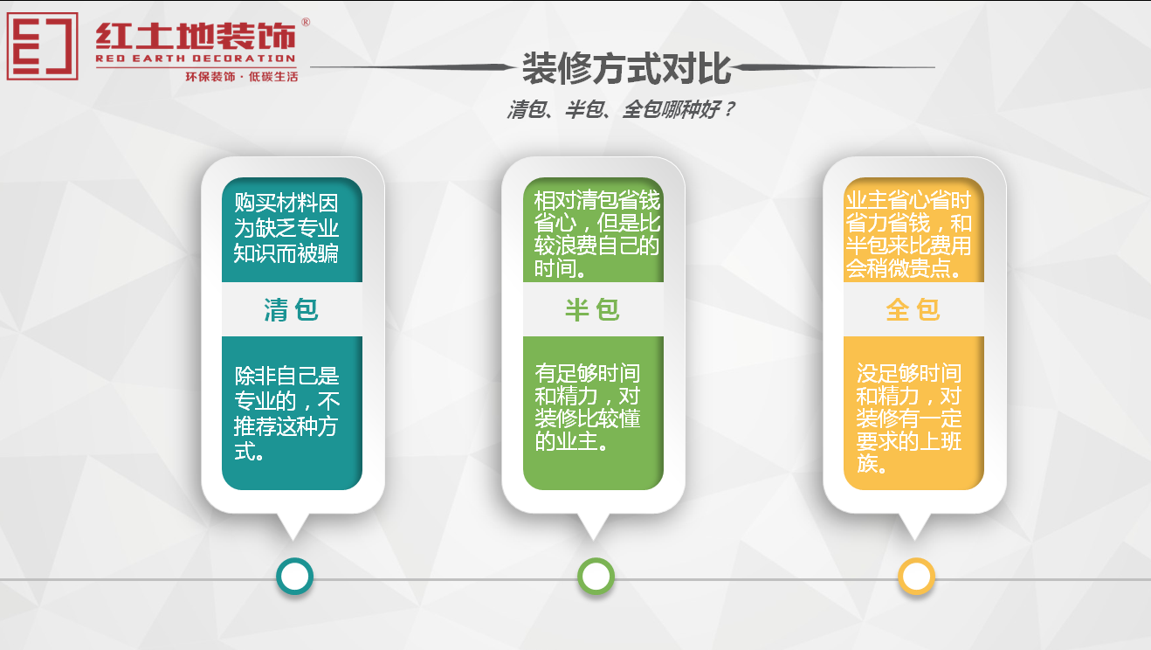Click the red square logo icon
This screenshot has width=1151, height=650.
(x=42, y=46)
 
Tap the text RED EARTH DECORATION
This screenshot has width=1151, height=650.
(x=196, y=59)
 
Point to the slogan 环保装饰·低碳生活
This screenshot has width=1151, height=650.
(x=242, y=77)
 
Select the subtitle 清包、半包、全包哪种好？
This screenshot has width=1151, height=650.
(x=620, y=110)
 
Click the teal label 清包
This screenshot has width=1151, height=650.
(x=292, y=309)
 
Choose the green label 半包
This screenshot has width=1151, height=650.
(x=593, y=309)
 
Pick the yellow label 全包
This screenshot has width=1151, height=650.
(x=913, y=309)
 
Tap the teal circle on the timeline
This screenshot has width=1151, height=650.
(x=294, y=577)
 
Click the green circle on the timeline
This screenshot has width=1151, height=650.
(x=596, y=577)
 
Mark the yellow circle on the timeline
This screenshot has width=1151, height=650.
(x=916, y=577)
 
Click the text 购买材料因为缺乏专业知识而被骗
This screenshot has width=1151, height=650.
(x=286, y=229)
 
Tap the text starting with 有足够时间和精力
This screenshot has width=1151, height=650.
(x=588, y=408)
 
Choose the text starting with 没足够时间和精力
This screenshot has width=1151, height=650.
(x=909, y=418)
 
